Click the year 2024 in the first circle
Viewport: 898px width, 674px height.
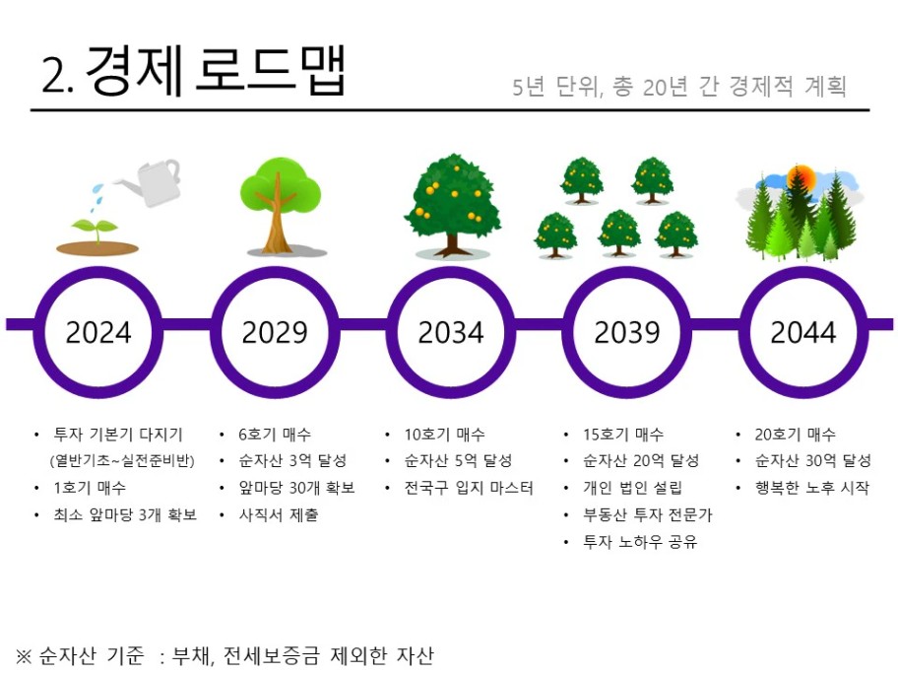tap(98, 332)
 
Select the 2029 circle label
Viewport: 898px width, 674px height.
tap(275, 332)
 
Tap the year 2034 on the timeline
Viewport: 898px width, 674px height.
tap(451, 332)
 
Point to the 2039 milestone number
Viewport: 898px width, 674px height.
tap(627, 332)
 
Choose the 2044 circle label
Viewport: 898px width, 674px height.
tap(803, 332)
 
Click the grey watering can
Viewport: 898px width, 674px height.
tap(150, 181)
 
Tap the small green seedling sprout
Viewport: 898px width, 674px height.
tap(96, 231)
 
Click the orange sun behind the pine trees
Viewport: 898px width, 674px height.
tap(801, 177)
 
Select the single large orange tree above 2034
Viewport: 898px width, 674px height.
tap(452, 205)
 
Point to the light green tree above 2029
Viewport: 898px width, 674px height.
tap(280, 205)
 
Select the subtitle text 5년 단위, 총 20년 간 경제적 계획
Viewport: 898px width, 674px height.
tap(679, 87)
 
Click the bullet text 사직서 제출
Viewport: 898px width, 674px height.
tap(279, 514)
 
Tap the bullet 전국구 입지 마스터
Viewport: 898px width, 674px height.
tap(469, 488)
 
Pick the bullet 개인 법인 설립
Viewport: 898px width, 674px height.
tap(633, 488)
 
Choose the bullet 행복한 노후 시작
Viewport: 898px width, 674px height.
tap(812, 488)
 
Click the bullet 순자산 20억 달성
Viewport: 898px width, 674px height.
tap(641, 460)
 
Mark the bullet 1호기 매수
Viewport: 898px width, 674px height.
tap(90, 488)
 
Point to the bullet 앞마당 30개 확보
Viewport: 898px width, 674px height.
tap(296, 488)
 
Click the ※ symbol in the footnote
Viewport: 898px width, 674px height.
tap(24, 655)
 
